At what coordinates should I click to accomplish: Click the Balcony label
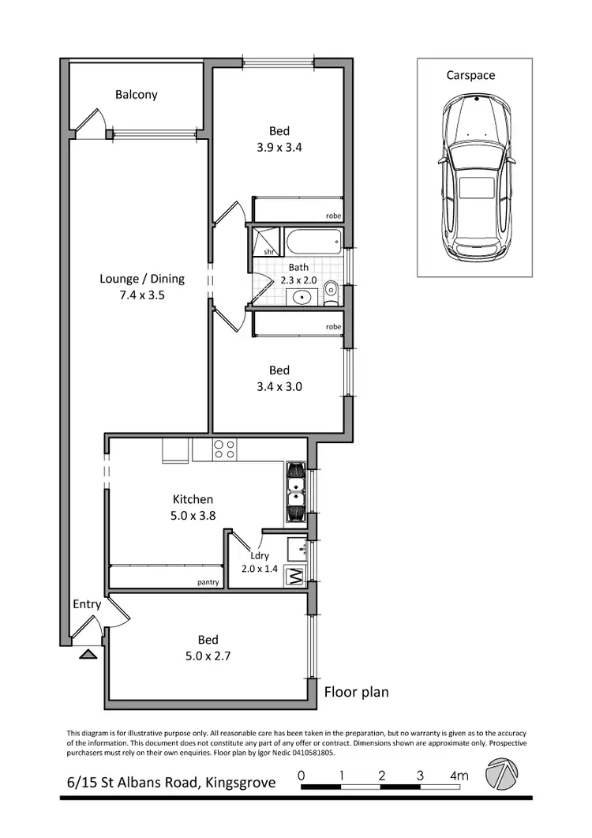pyautogui.click(x=136, y=95)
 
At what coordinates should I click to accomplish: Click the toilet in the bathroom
pyautogui.click(x=332, y=292)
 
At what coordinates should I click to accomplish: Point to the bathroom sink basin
pyautogui.click(x=301, y=298)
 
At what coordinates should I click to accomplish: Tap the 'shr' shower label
pyautogui.click(x=268, y=251)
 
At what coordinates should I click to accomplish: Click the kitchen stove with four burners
pyautogui.click(x=224, y=449)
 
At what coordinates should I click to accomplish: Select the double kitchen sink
pyautogui.click(x=295, y=491)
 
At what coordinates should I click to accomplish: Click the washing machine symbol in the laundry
pyautogui.click(x=295, y=576)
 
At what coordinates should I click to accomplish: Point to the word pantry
pyautogui.click(x=208, y=584)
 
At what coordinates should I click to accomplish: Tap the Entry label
pyautogui.click(x=87, y=604)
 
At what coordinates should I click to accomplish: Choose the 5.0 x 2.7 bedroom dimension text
pyautogui.click(x=208, y=655)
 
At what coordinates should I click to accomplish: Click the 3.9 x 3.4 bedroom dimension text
pyautogui.click(x=279, y=147)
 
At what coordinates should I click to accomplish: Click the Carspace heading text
pyautogui.click(x=471, y=75)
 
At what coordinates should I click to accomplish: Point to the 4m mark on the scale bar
pyautogui.click(x=459, y=776)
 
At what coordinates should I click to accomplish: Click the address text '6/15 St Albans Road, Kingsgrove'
pyautogui.click(x=171, y=783)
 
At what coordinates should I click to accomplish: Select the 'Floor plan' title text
pyautogui.click(x=357, y=693)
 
